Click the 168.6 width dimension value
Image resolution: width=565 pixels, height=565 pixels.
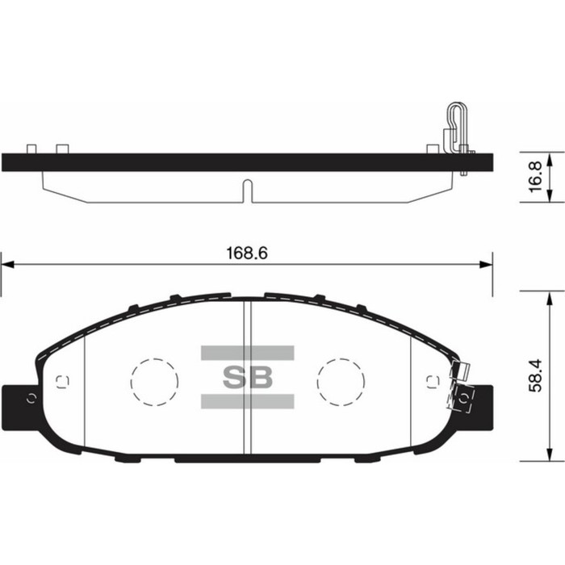pyautogui.click(x=245, y=253)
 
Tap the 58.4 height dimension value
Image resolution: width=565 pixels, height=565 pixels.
pyautogui.click(x=534, y=375)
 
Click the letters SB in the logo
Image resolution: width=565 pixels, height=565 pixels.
pyautogui.click(x=247, y=377)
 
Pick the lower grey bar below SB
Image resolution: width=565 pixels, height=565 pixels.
pyautogui.click(x=247, y=401)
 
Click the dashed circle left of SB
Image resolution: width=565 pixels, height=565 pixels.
pyautogui.click(x=154, y=379)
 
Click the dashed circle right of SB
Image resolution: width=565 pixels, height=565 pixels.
pyautogui.click(x=340, y=379)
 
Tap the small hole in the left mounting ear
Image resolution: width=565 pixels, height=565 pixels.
pyautogui.click(x=31, y=396)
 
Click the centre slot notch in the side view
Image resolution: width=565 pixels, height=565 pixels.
pyautogui.click(x=247, y=192)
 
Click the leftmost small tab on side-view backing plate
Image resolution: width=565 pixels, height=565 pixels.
pyautogui.click(x=31, y=149)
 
